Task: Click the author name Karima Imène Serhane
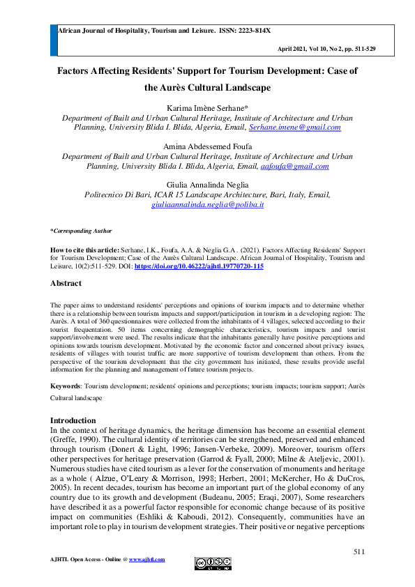pyautogui.click(x=207, y=109)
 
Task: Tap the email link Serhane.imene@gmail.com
pyautogui.click(x=294, y=128)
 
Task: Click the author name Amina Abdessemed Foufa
pyautogui.click(x=207, y=147)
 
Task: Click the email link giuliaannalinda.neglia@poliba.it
pyautogui.click(x=207, y=205)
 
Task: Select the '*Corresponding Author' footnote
pyautogui.click(x=81, y=231)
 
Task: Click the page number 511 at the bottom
pyautogui.click(x=359, y=552)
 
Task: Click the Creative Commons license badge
pyautogui.click(x=213, y=563)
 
